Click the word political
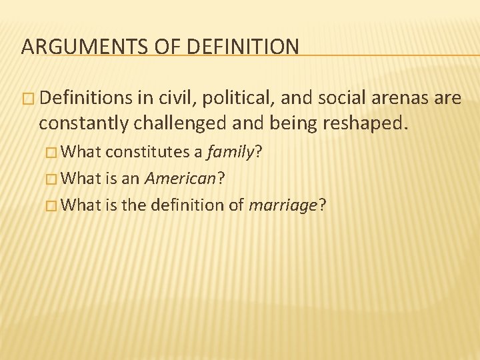[x=232, y=99]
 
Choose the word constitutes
[x=147, y=153]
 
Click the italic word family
[x=230, y=153]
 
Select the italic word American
[x=180, y=179]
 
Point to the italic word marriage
[x=283, y=205]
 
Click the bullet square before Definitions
[x=27, y=99]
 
